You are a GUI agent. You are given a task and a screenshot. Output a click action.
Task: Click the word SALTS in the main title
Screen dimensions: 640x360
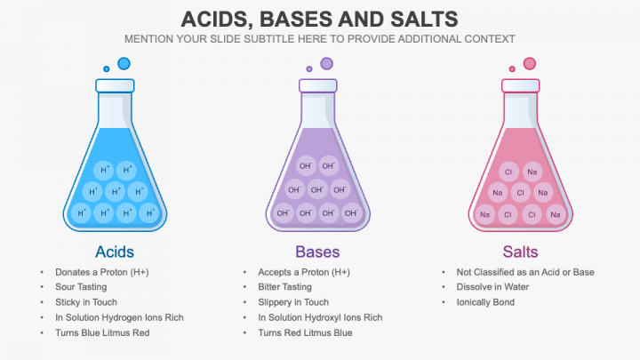click(424, 20)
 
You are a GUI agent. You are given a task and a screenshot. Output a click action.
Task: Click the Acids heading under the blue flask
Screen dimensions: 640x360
click(115, 252)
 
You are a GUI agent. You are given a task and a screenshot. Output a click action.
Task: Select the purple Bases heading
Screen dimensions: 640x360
click(317, 252)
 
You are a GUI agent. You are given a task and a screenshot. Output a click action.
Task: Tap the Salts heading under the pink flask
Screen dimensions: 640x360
click(520, 252)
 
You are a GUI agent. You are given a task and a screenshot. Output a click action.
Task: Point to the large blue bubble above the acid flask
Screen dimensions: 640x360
click(124, 64)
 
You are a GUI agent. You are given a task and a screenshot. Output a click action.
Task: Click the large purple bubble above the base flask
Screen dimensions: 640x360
click(326, 64)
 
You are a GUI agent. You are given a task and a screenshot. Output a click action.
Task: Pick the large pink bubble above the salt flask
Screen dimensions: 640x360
click(530, 64)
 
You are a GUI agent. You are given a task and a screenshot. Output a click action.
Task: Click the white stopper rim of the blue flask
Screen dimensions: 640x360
click(115, 85)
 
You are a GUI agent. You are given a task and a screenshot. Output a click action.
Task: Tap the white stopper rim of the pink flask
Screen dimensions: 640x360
click(520, 85)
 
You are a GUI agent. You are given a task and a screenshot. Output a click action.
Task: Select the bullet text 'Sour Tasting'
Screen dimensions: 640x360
click(81, 287)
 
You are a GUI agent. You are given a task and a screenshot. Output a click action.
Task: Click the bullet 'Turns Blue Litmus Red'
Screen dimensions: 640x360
click(102, 332)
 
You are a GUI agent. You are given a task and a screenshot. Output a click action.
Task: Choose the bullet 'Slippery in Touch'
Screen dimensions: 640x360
click(293, 302)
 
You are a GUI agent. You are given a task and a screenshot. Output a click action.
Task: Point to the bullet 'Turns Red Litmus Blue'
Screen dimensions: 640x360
click(305, 332)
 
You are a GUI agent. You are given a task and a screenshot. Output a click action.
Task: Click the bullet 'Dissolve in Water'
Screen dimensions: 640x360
click(492, 287)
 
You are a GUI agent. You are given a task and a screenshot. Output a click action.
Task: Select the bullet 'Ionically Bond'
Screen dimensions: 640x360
click(485, 302)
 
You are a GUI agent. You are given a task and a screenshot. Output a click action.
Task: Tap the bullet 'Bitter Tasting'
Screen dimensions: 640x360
click(285, 287)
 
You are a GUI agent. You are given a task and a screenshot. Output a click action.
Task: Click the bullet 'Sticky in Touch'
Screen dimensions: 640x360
click(86, 302)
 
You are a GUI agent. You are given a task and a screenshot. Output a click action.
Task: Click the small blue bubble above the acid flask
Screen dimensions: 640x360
click(107, 69)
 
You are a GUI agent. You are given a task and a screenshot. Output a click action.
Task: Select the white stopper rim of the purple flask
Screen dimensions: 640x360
click(318, 85)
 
